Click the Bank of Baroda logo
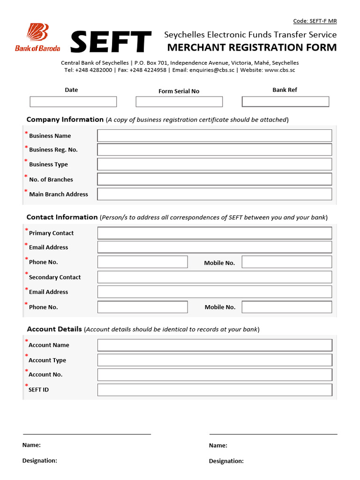click(x=37, y=37)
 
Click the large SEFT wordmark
click(x=111, y=42)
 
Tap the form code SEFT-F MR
click(x=315, y=21)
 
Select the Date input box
click(x=73, y=102)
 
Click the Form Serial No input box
click(x=179, y=102)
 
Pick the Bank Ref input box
click(x=285, y=102)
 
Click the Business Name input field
click(x=214, y=136)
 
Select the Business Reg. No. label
click(x=53, y=150)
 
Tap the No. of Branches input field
click(x=214, y=179)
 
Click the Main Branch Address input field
click(x=214, y=194)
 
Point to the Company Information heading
click(x=65, y=120)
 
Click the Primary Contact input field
click(x=214, y=233)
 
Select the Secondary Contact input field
click(x=214, y=277)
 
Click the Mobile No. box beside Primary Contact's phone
click(x=286, y=262)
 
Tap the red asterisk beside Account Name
click(x=27, y=341)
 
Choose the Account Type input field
click(x=214, y=360)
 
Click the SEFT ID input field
click(x=214, y=390)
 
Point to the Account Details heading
click(x=54, y=329)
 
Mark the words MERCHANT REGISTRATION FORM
click(x=252, y=47)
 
